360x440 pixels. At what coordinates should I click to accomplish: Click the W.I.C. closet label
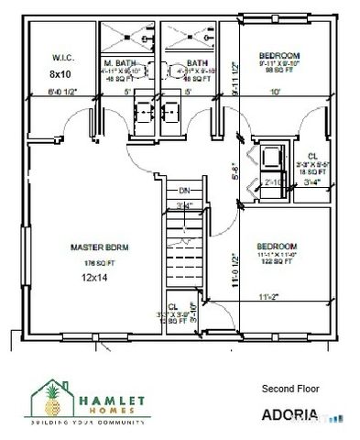(61, 57)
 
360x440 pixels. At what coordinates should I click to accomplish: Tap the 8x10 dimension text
(60, 72)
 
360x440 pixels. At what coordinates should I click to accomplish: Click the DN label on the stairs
(184, 191)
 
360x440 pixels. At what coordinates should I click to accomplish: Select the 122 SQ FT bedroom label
(276, 262)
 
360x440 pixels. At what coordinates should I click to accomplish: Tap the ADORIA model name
(289, 414)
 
